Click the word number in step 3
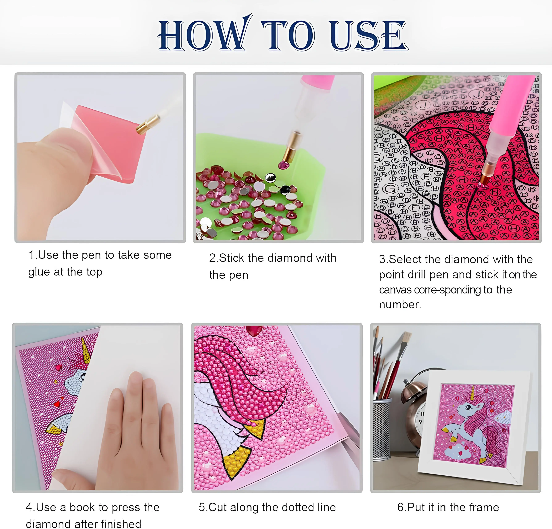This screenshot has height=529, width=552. [400, 305]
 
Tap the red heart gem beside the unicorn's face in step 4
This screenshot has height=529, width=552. [59, 367]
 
